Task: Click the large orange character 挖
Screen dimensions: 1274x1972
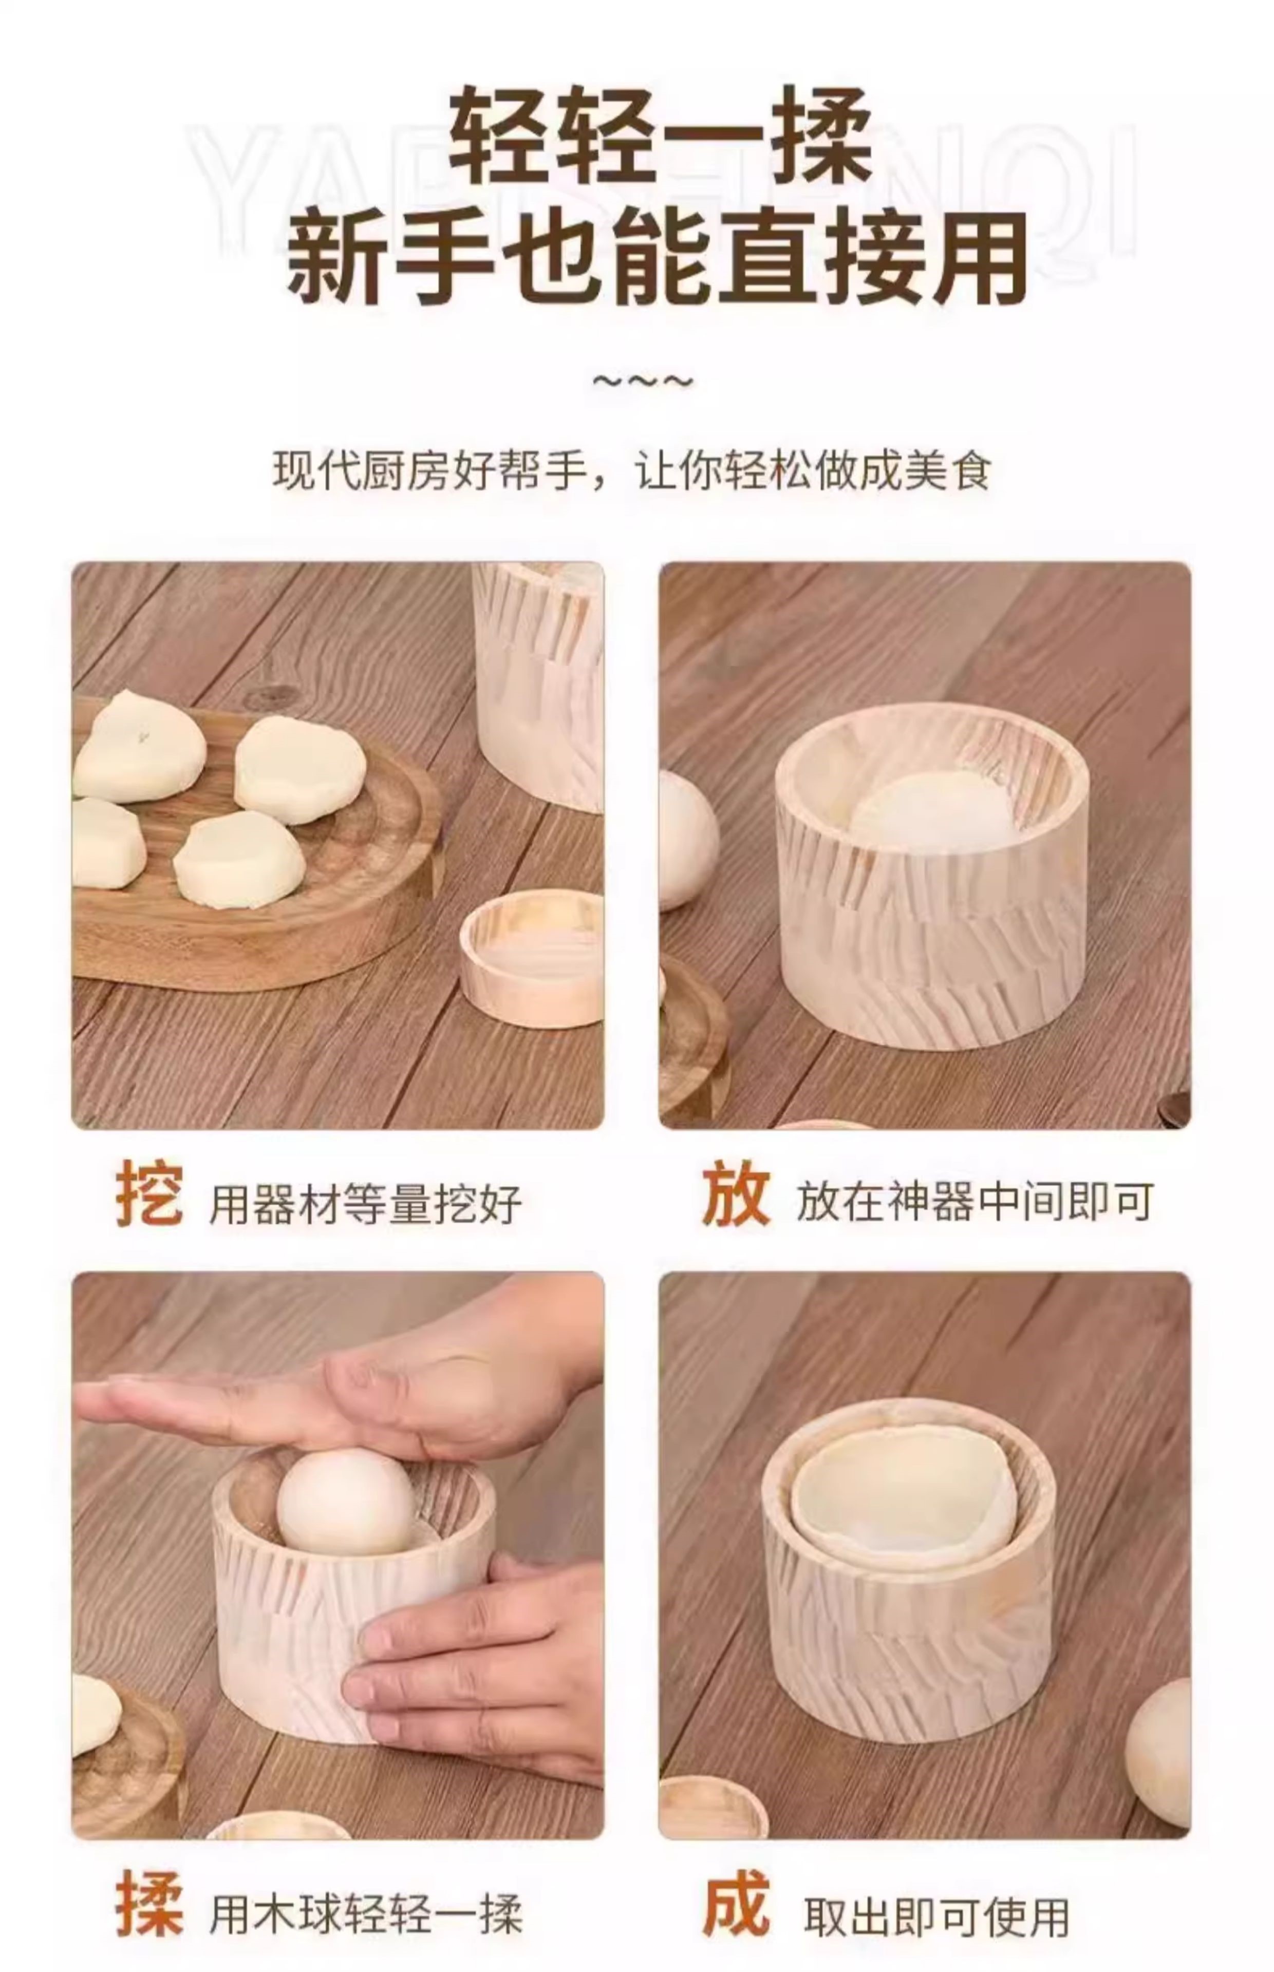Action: [x=149, y=1193]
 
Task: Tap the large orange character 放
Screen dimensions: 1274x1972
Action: [x=736, y=1193]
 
